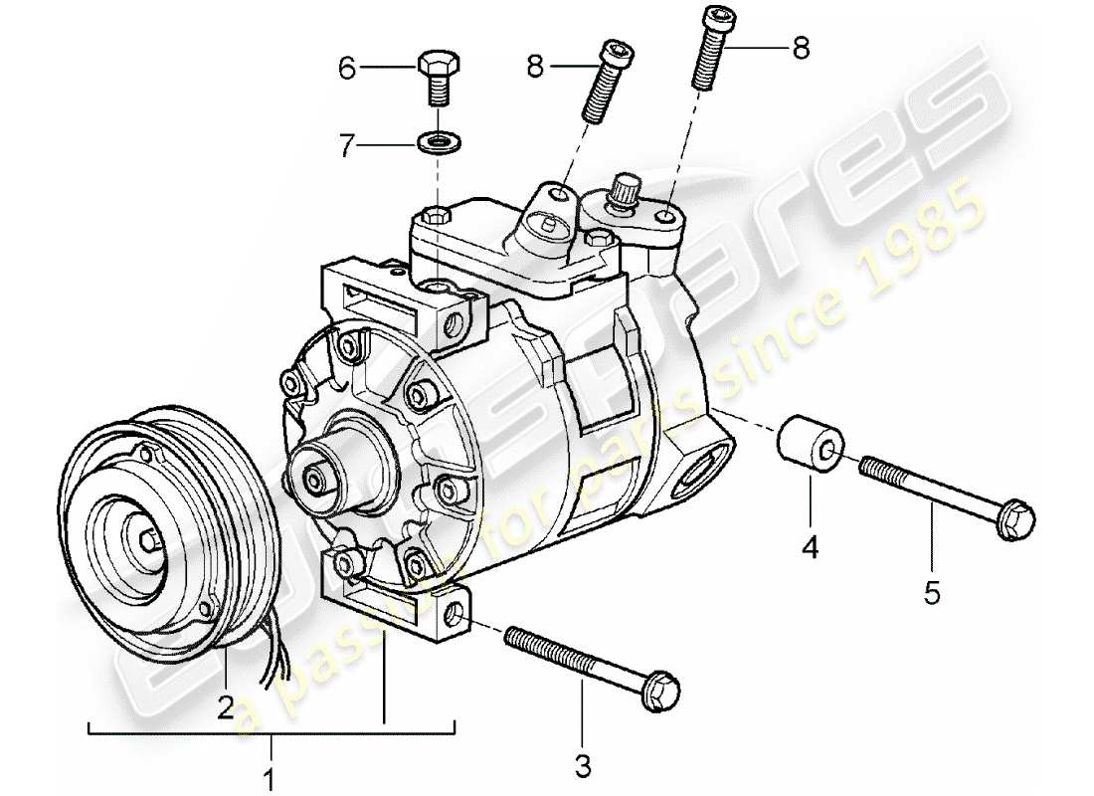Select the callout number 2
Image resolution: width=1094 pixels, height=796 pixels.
pyautogui.click(x=226, y=706)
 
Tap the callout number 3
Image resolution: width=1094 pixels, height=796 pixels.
pyautogui.click(x=583, y=766)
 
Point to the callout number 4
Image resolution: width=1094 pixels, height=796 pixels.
pyautogui.click(x=811, y=547)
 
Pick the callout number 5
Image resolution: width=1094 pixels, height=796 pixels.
pyautogui.click(x=932, y=593)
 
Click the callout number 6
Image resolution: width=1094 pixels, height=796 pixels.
pyautogui.click(x=346, y=68)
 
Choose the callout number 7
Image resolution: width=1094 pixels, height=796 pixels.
pyautogui.click(x=346, y=147)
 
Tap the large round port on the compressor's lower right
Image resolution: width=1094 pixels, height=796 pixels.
pyautogui.click(x=704, y=466)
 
